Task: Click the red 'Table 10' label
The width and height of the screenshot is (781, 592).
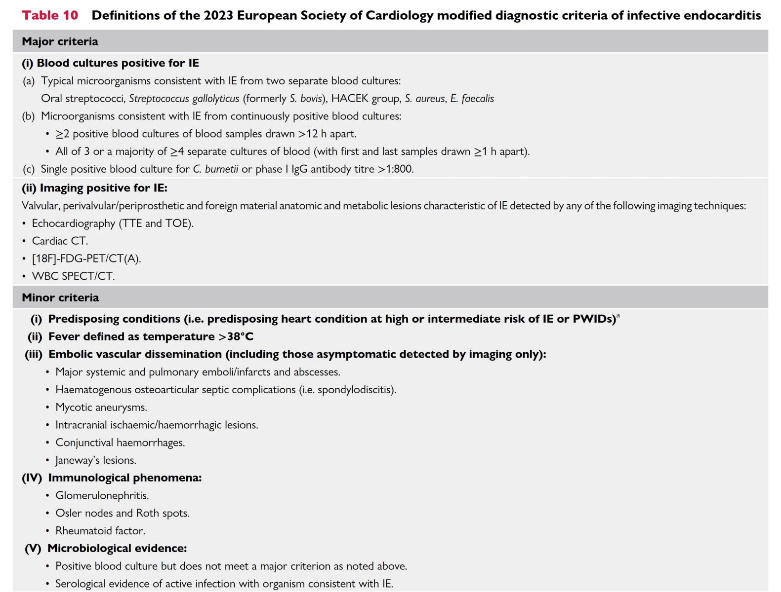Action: tap(50, 15)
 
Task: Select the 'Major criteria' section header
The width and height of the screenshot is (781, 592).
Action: tap(60, 41)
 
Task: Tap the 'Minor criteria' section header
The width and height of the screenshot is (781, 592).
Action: tap(60, 297)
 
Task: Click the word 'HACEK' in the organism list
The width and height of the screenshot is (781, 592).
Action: tap(350, 99)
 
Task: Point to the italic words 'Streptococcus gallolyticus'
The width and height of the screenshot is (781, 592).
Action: tap(184, 99)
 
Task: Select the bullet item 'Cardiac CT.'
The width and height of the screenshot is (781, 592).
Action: tap(60, 241)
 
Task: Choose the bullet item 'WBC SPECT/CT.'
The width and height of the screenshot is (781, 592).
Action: tap(73, 276)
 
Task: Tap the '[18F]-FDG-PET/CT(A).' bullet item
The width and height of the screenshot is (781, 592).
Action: tap(86, 259)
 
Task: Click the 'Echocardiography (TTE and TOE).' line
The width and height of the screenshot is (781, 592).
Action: tap(113, 223)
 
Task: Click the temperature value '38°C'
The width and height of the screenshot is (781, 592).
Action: tap(240, 337)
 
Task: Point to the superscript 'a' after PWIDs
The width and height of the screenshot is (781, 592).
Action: tap(618, 316)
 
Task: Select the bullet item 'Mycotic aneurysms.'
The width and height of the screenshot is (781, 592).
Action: tap(101, 407)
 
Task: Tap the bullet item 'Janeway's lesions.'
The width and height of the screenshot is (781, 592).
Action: tap(96, 460)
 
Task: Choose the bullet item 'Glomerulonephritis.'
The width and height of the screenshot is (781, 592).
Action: tap(102, 496)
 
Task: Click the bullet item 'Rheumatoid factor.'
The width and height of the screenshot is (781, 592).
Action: tap(100, 531)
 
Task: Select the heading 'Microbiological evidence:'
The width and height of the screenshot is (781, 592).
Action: tap(117, 549)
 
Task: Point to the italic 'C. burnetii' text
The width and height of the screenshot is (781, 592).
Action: tap(215, 169)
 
